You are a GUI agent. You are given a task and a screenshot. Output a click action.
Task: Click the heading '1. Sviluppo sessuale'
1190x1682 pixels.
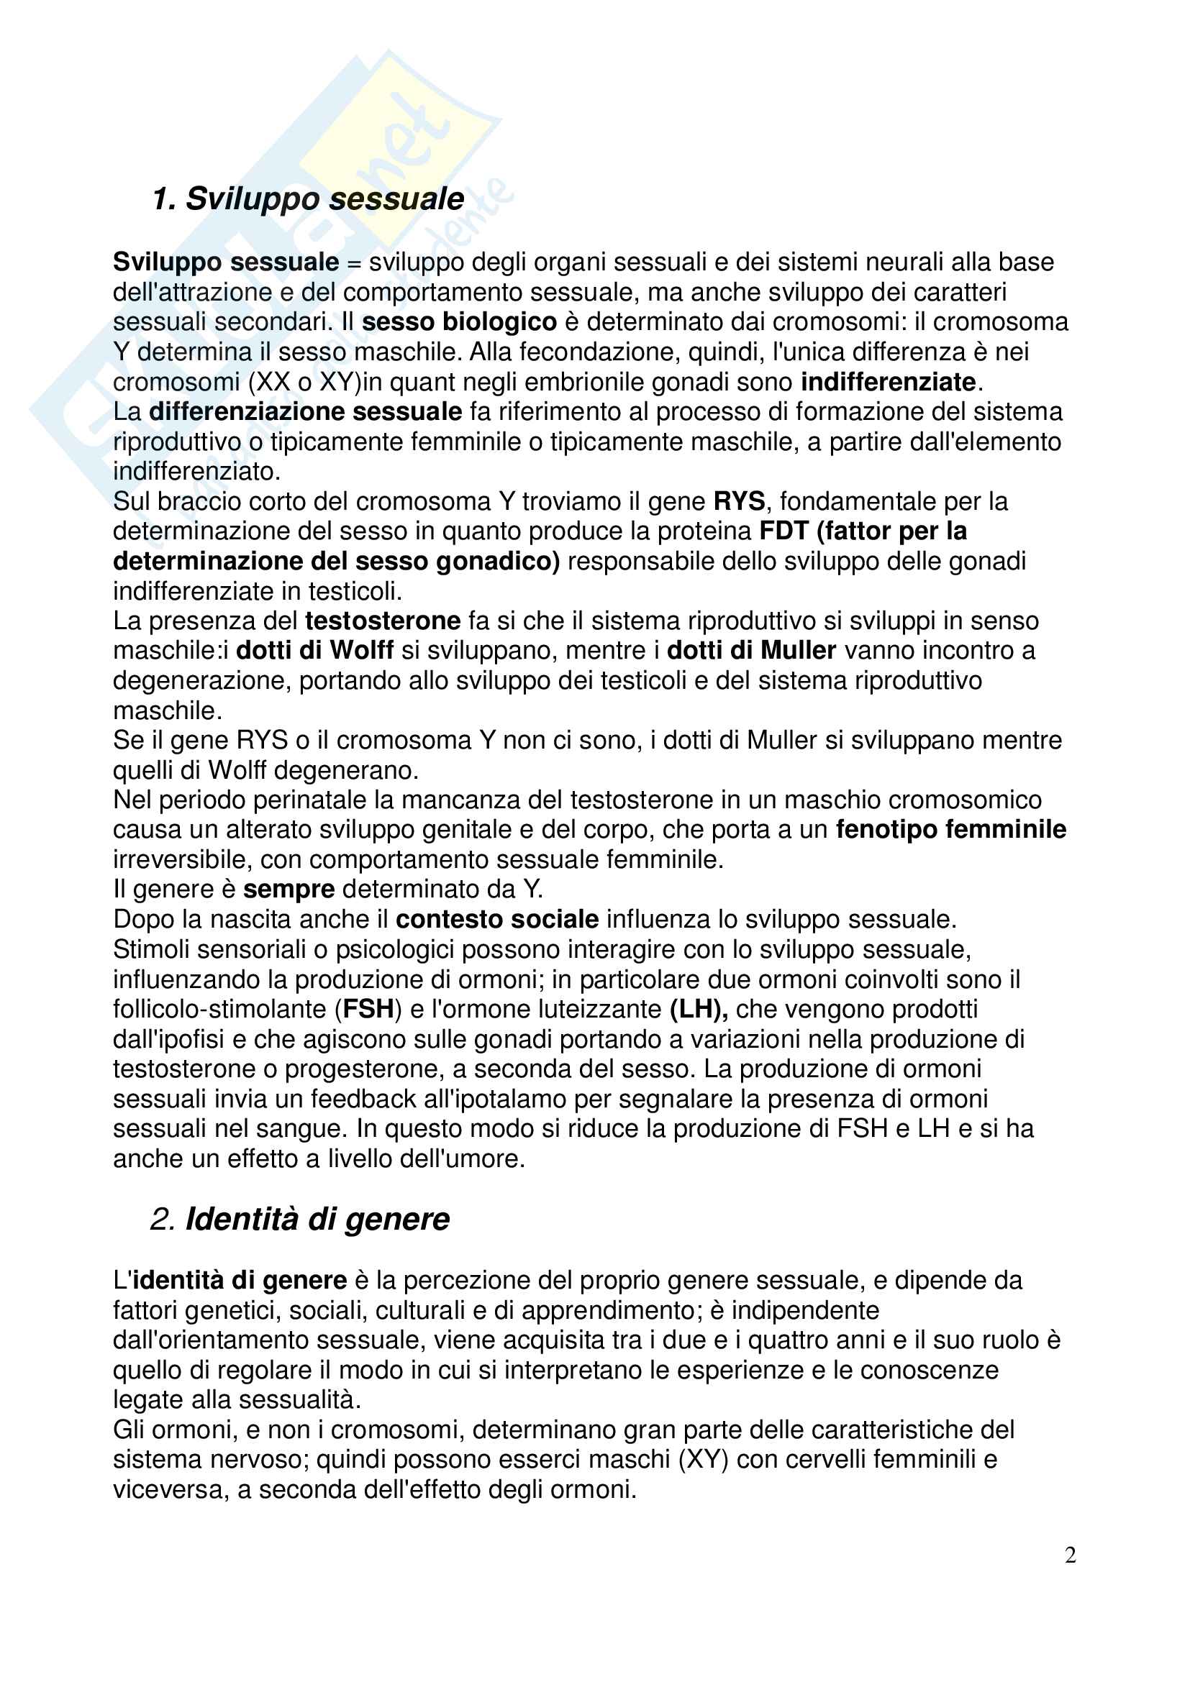pos(309,199)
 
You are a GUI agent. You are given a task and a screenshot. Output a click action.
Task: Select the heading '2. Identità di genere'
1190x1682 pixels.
pos(300,1219)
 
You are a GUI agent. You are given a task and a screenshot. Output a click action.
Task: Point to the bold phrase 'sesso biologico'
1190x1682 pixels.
pos(460,322)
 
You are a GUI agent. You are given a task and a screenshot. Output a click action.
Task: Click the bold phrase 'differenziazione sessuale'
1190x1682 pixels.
pos(306,412)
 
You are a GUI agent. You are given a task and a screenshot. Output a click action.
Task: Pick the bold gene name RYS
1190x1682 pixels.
pos(739,502)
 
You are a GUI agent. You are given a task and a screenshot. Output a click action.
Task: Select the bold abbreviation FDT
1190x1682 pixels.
pos(784,531)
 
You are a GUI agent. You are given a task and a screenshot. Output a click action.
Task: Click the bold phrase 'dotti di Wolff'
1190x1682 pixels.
pos(314,651)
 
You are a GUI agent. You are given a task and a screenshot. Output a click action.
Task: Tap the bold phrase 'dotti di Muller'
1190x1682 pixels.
pos(751,651)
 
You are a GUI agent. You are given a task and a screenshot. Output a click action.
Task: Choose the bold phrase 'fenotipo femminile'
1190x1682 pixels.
pos(950,829)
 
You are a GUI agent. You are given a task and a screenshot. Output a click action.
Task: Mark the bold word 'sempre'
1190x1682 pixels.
pos(289,890)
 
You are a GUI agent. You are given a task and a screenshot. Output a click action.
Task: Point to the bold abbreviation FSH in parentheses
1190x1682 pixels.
pos(368,1010)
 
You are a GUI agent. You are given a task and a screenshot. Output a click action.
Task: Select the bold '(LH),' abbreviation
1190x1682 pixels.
pos(699,1010)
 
